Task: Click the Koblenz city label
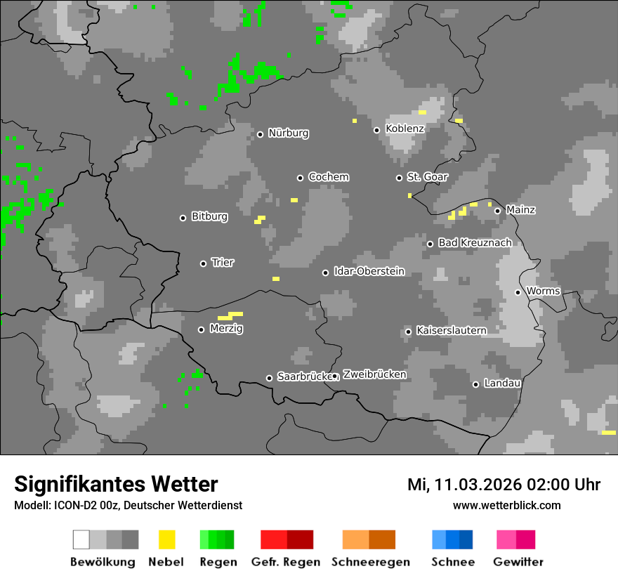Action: click(405, 129)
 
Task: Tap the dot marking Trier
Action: click(204, 263)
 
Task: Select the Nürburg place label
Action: click(289, 133)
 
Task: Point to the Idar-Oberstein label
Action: click(369, 272)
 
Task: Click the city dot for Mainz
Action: click(497, 211)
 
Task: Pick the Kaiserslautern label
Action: click(452, 331)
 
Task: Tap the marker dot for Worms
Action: click(518, 292)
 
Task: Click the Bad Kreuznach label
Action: click(475, 243)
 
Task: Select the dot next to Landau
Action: click(475, 384)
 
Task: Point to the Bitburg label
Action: click(210, 217)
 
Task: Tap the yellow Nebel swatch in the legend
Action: click(166, 539)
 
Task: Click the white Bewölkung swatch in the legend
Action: click(81, 539)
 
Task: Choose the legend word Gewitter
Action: click(518, 562)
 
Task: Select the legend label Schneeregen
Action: click(369, 562)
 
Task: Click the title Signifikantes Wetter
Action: click(116, 485)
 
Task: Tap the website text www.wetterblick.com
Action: click(507, 505)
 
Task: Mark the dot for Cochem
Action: click(300, 178)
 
